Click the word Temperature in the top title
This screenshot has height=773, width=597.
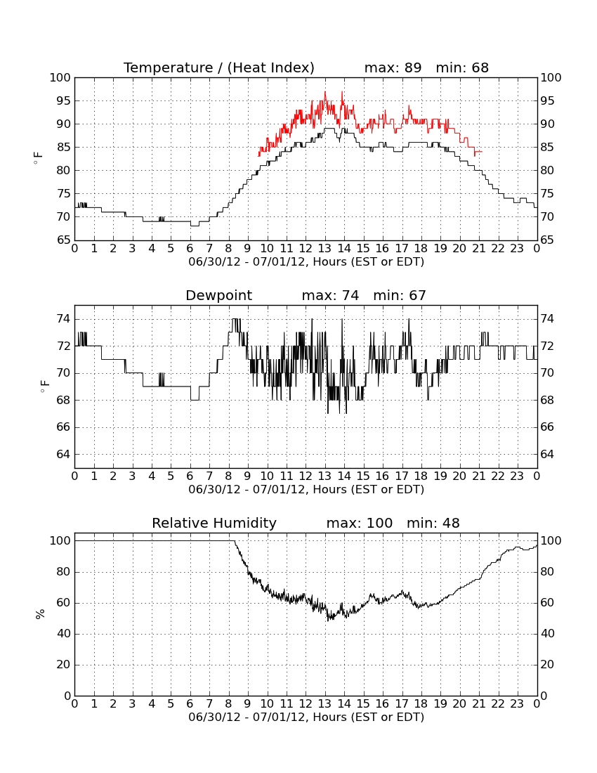169,67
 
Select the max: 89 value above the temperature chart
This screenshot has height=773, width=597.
393,67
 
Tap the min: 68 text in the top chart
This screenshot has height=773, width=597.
462,67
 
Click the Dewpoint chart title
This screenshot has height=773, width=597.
218,296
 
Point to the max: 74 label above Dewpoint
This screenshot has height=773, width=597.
331,295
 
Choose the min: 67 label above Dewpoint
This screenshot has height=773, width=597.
400,295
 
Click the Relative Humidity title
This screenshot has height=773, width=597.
214,524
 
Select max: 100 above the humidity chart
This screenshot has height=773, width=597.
360,523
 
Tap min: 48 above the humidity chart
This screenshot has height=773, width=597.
433,523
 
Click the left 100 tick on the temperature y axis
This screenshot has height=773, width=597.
60,77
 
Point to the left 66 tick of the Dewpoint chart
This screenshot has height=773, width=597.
63,427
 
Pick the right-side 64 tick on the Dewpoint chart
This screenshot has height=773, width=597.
547,454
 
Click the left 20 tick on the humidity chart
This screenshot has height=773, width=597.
63,665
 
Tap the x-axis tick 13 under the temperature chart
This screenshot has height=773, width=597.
324,249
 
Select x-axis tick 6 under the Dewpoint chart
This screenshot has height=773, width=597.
190,476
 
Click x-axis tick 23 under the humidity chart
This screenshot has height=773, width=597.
517,704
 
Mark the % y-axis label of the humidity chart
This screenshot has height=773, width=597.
40,614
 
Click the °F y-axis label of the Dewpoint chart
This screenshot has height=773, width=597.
44,386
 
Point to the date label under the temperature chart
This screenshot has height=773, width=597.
306,262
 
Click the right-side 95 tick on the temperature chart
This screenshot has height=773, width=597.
547,100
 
